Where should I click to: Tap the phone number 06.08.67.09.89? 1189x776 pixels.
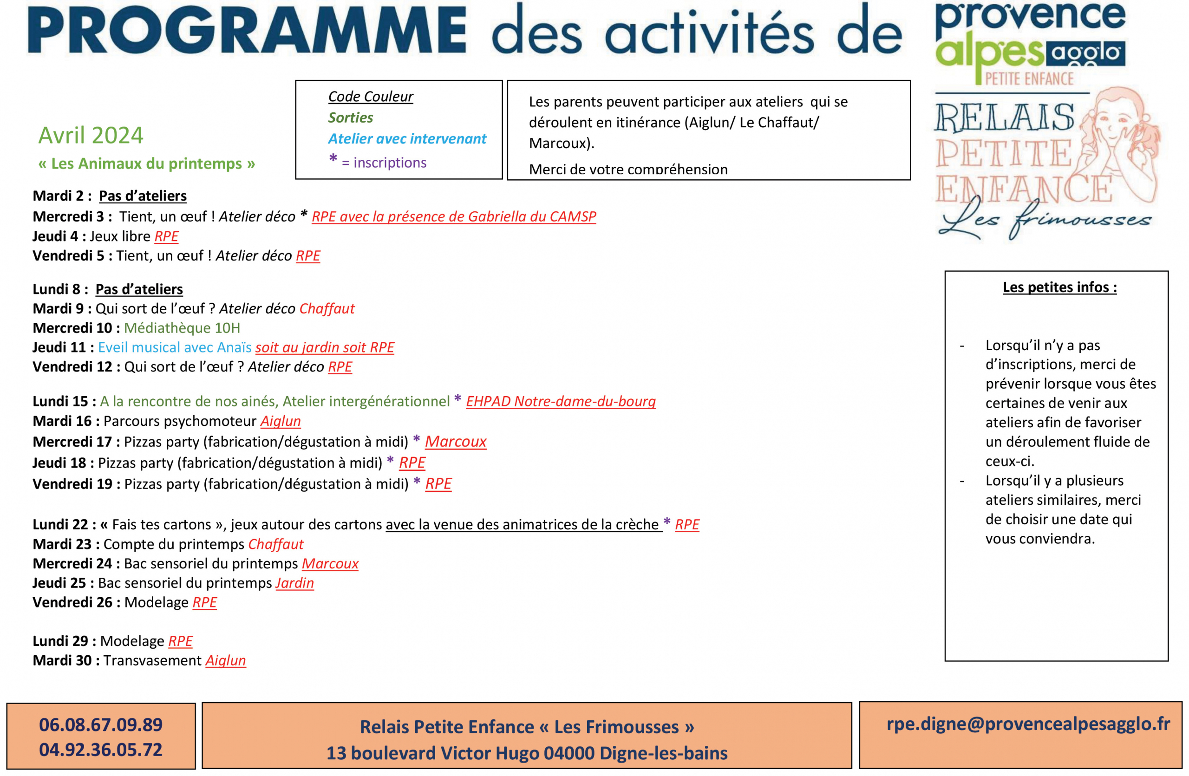point(101,724)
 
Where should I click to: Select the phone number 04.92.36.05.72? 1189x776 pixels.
point(101,750)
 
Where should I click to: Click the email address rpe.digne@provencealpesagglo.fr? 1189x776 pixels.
point(1028,724)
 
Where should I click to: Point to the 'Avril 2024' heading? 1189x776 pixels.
point(91,135)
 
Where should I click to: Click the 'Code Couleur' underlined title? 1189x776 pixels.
point(371,97)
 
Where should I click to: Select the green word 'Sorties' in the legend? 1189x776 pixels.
point(351,117)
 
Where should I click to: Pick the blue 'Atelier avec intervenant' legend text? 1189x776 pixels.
point(407,138)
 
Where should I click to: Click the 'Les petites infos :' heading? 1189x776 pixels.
point(1060,287)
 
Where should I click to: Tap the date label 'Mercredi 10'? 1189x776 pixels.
point(72,328)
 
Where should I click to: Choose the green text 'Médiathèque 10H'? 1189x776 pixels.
point(182,328)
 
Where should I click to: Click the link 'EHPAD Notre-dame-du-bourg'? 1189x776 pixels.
point(561,402)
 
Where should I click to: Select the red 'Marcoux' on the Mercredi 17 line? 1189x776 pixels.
point(456,442)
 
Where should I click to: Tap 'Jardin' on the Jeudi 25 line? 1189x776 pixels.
point(295,583)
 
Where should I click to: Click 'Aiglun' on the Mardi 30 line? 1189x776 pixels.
point(226,660)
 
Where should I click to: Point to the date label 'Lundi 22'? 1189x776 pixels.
point(60,524)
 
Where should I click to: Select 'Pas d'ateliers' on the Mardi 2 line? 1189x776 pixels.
point(143,196)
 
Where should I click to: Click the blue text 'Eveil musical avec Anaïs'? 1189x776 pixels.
point(175,347)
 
